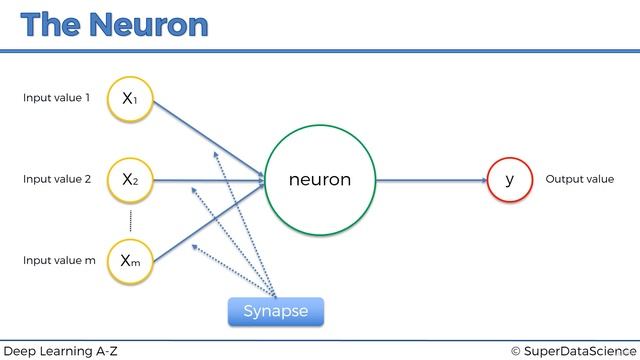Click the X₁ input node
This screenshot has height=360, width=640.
130,99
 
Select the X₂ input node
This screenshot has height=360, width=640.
130,180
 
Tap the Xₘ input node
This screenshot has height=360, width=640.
130,261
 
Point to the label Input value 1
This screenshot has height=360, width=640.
57,99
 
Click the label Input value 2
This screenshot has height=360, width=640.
57,180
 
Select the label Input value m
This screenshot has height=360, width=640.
59,261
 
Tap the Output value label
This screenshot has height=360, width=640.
579,180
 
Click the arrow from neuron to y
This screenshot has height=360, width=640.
430,180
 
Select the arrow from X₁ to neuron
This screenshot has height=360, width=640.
210,139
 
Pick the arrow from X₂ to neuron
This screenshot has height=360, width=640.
210,180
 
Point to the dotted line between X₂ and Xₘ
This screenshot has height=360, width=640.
130,221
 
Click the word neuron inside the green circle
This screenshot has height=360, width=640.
319,180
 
